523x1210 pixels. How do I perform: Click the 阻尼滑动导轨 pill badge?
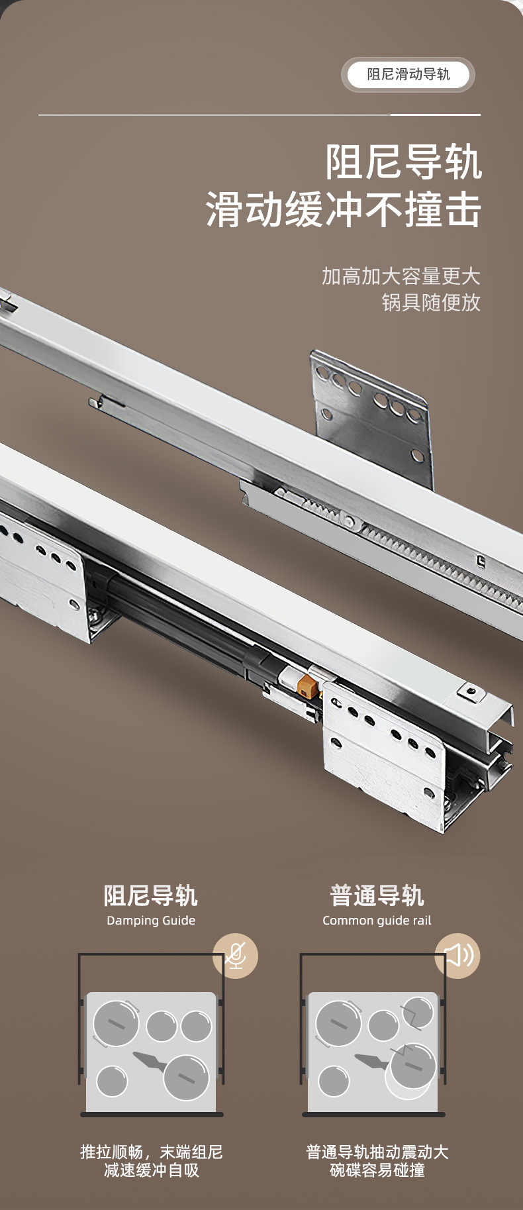(x=408, y=75)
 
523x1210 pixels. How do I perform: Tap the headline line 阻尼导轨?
(x=403, y=162)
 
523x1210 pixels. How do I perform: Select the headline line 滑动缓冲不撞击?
(x=344, y=210)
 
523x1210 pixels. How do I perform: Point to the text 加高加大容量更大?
(x=401, y=276)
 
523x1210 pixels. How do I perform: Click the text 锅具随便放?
(x=431, y=303)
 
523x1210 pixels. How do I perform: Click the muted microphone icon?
(x=235, y=956)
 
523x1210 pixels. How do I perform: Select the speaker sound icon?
(x=457, y=956)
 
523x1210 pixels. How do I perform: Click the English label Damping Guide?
(x=151, y=921)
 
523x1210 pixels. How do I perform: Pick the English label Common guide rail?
(x=377, y=921)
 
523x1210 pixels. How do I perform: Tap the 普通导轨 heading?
(x=377, y=895)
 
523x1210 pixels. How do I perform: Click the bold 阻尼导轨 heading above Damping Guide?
(x=151, y=895)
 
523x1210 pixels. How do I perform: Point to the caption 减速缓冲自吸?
(x=152, y=1170)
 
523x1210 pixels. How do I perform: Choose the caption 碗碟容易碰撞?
(x=377, y=1170)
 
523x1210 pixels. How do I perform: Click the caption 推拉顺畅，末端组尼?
(x=152, y=1152)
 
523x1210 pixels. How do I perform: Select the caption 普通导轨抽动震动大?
(x=377, y=1152)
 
